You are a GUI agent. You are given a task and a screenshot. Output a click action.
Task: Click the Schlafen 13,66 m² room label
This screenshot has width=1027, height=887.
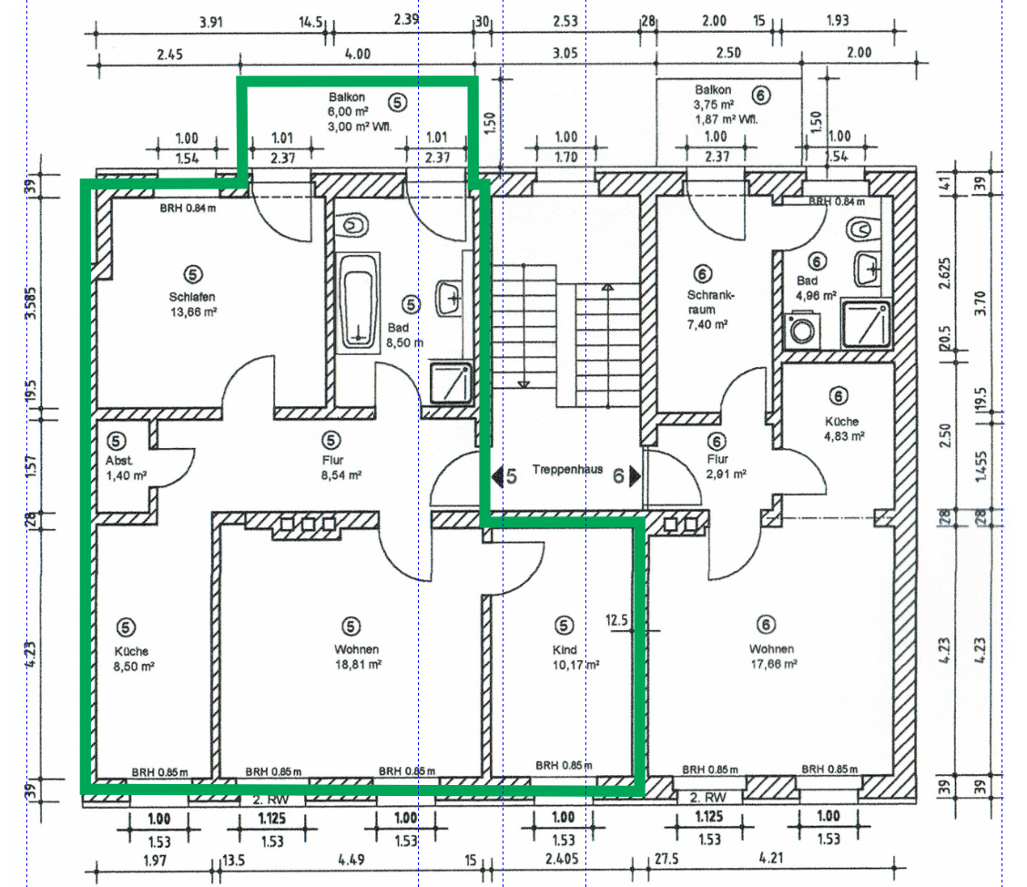click(193, 304)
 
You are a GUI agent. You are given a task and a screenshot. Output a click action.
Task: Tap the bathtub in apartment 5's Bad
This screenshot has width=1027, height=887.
click(359, 302)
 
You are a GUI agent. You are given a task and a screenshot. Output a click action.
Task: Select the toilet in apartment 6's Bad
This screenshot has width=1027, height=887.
click(863, 229)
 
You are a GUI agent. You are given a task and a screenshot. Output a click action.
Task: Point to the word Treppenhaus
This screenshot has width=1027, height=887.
click(567, 469)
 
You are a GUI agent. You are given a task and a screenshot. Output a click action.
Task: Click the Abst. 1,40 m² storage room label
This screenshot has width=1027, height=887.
click(126, 468)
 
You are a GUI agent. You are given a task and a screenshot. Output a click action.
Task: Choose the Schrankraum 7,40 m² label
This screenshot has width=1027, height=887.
click(710, 310)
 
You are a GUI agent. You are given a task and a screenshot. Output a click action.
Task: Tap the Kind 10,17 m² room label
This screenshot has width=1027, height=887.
click(575, 658)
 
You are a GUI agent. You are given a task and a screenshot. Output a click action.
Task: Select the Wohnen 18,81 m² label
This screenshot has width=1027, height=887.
click(358, 657)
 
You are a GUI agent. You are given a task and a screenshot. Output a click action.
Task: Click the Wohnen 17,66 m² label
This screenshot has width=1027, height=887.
click(773, 656)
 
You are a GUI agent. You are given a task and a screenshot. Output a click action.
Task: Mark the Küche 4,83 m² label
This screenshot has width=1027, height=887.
click(844, 428)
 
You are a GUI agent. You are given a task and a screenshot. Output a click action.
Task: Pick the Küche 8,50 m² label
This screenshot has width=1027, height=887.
click(134, 658)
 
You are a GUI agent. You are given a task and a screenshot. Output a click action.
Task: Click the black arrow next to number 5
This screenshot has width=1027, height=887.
click(497, 476)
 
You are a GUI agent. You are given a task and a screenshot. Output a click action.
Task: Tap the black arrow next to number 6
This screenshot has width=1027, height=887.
click(635, 476)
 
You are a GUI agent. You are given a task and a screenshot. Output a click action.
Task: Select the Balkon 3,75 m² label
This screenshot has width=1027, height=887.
click(726, 104)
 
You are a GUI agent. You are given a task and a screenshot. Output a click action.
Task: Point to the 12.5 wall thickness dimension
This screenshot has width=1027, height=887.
click(616, 620)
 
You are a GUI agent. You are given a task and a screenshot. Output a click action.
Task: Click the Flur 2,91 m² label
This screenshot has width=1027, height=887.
click(726, 465)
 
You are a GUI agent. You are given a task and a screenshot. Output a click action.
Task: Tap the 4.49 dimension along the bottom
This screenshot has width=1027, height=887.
click(351, 860)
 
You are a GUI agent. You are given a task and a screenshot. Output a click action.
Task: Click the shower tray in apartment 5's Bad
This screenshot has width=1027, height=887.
click(451, 382)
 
